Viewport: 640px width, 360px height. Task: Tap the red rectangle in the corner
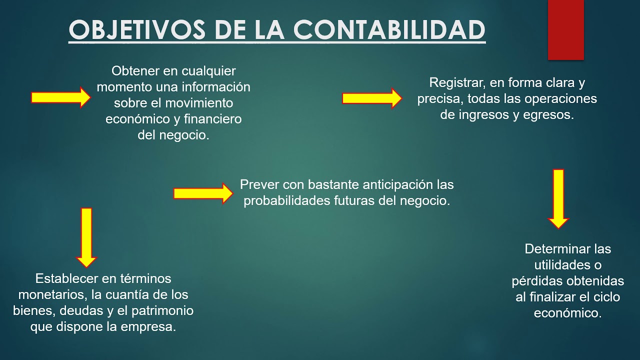point(565,29)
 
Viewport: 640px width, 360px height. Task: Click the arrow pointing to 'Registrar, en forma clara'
point(371,98)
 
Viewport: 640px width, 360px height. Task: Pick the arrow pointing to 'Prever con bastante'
point(203,193)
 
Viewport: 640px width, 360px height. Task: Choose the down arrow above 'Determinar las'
point(558,198)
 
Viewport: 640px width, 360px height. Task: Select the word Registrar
point(454,82)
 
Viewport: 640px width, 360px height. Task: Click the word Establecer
point(65,278)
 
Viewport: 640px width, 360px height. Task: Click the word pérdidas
point(534,281)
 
